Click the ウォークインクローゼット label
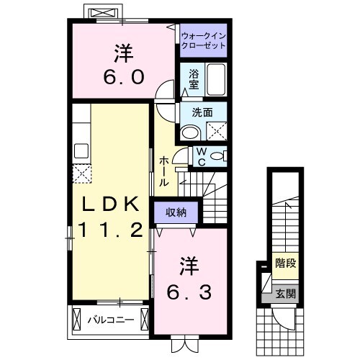click(x=203, y=40)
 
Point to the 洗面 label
click(x=202, y=112)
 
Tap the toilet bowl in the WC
click(x=217, y=156)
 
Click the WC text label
click(x=202, y=156)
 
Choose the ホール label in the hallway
click(x=164, y=171)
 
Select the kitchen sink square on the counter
click(x=81, y=150)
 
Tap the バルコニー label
click(x=110, y=319)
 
